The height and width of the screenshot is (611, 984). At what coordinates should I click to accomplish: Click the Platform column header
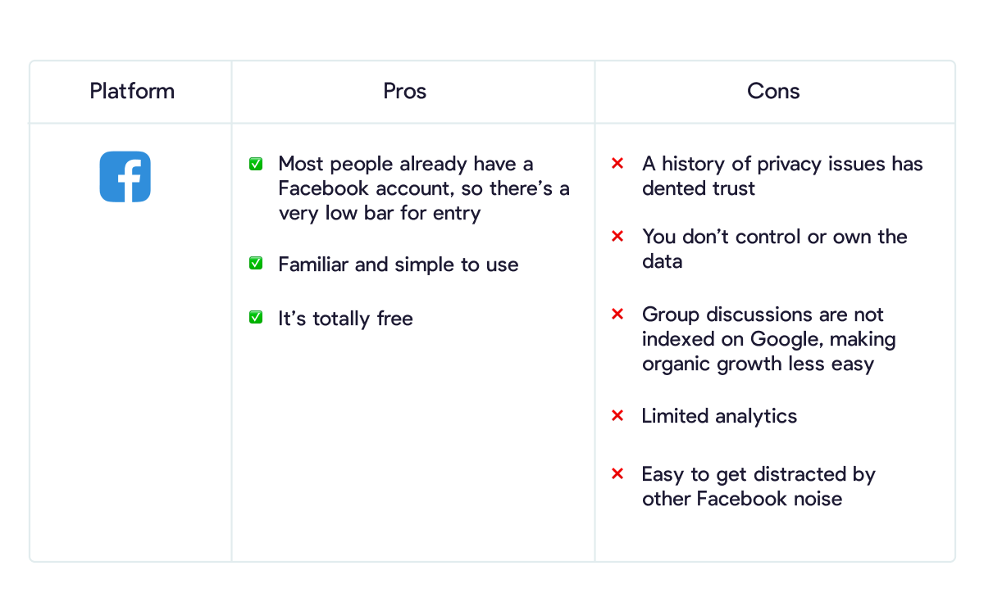coord(132,91)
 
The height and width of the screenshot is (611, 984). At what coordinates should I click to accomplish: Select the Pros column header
coord(404,91)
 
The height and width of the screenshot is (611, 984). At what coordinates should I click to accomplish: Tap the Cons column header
coord(773,91)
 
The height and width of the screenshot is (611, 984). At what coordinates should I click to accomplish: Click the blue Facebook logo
coord(125,177)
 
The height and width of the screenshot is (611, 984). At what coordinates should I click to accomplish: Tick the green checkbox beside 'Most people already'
coord(256,164)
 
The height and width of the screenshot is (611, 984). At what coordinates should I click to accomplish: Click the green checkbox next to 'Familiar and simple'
coord(256,263)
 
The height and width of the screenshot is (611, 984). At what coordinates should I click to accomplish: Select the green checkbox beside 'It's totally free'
coord(256,317)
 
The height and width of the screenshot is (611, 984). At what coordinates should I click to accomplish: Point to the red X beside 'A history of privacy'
coord(617,164)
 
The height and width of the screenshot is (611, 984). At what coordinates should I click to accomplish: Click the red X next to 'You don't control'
coord(617,237)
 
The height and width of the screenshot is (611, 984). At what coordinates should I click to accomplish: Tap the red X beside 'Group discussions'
coord(617,314)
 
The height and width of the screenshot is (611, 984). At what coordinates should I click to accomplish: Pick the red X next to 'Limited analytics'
coord(617,415)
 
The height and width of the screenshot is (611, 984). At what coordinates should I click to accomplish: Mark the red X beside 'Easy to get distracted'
coord(617,473)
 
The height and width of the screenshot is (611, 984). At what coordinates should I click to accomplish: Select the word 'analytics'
coord(756,416)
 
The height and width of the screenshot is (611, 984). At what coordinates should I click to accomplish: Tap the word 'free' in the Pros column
coord(395,318)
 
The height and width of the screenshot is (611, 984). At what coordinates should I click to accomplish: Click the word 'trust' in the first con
coord(733,188)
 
